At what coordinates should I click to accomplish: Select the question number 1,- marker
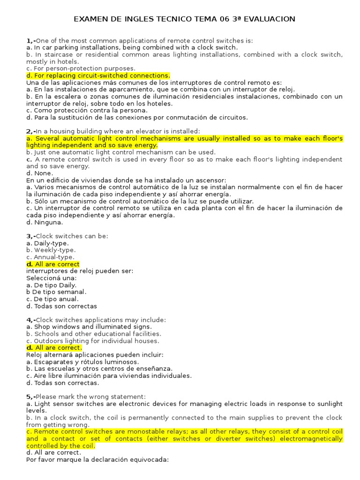(31, 41)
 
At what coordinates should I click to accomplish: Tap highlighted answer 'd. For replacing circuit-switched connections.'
(98, 75)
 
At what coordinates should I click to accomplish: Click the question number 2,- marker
(31, 131)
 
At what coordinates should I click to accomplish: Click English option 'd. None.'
(40, 173)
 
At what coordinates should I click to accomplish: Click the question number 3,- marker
(31, 236)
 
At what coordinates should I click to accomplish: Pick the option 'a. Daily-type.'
(47, 243)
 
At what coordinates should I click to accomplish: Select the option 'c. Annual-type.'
(50, 257)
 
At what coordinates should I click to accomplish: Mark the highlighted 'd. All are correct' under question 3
(53, 264)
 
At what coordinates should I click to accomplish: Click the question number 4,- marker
(31, 320)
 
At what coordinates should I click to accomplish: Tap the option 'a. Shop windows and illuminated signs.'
(89, 327)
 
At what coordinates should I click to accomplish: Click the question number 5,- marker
(31, 397)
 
